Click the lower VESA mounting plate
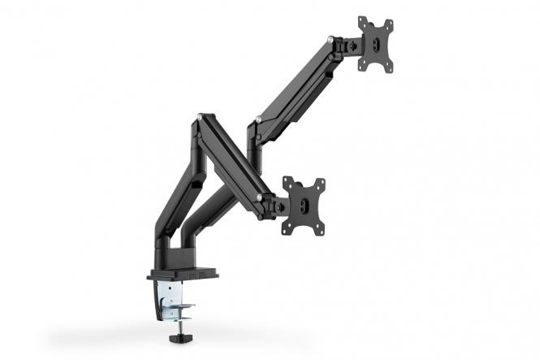point(303,205)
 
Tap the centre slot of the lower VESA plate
point(304,205)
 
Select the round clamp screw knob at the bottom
point(178,332)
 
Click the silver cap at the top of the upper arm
point(329,38)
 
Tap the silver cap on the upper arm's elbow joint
point(257,120)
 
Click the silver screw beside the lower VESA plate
point(259,197)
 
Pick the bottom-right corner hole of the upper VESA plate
point(391,68)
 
